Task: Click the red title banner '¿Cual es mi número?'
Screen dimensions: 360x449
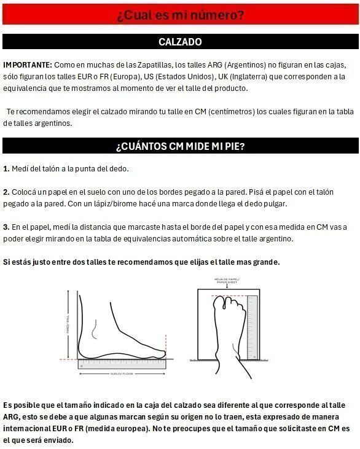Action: (x=180, y=15)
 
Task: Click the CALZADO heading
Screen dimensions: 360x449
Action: (x=180, y=42)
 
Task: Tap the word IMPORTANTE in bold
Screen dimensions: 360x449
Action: (x=28, y=65)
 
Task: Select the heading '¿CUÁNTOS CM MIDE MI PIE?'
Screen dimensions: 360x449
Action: (x=180, y=146)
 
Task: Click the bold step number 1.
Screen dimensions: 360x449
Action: (x=6, y=169)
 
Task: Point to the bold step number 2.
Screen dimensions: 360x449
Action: (x=6, y=192)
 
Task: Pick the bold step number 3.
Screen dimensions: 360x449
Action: (x=6, y=227)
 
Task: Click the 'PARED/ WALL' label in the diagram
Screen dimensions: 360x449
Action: (x=68, y=324)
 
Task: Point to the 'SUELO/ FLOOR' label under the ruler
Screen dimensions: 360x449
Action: (x=122, y=373)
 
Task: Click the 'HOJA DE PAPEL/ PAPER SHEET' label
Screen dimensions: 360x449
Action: (x=227, y=281)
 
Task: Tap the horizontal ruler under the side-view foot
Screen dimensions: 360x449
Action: (x=122, y=364)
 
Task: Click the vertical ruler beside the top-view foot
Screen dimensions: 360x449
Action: (x=252, y=327)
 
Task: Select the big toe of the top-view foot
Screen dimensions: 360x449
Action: (x=219, y=303)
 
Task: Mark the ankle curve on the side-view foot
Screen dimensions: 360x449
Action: (x=94, y=329)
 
